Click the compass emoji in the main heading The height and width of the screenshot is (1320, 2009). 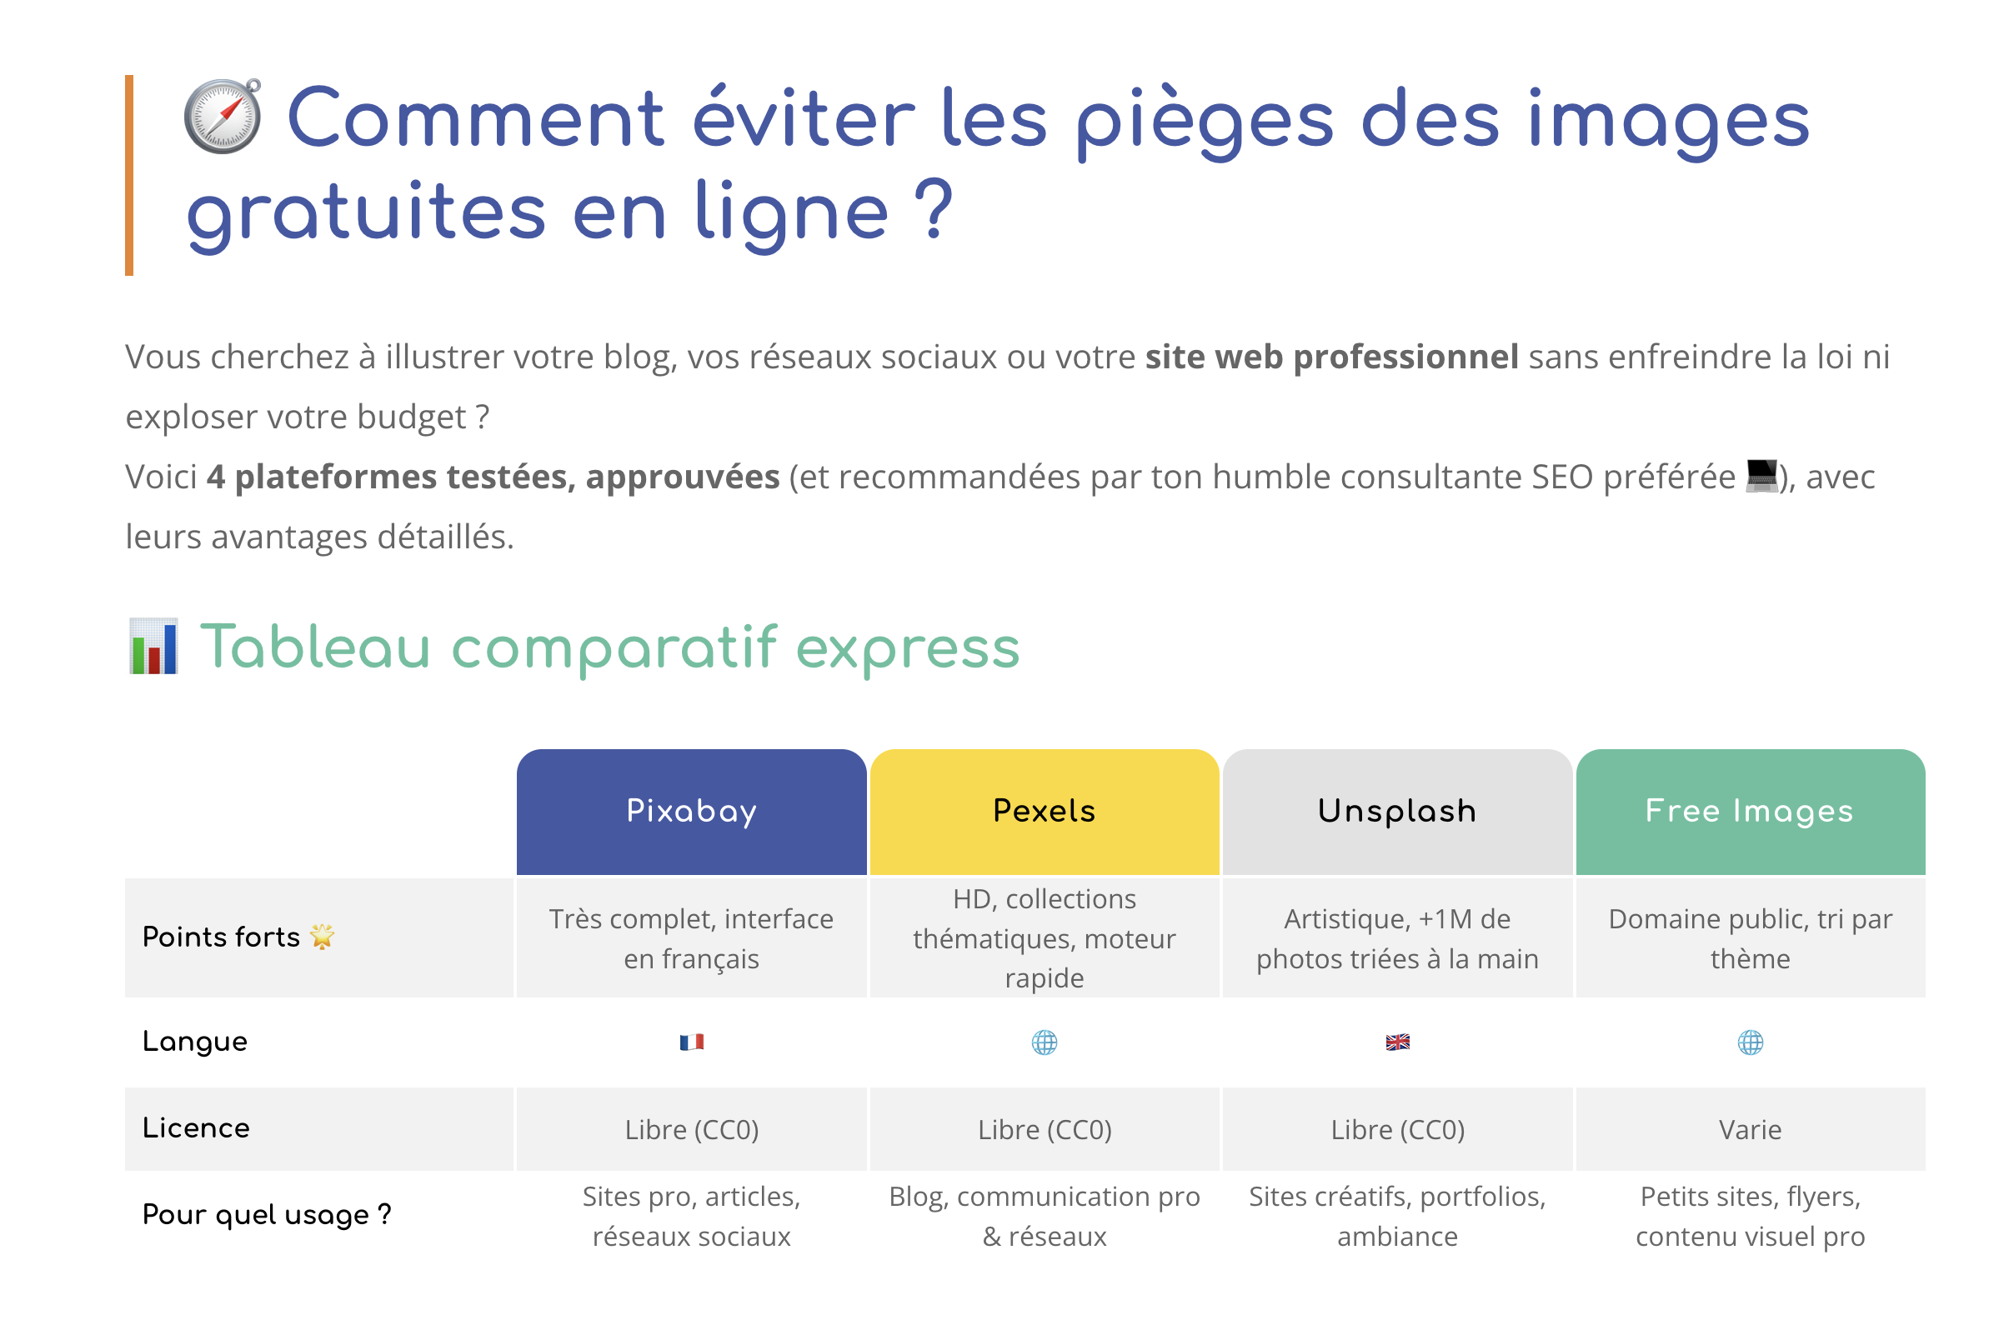coord(223,117)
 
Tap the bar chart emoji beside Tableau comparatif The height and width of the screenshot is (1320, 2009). coord(153,647)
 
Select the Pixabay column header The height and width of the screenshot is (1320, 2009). coord(691,811)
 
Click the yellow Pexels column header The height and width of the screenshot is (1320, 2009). coord(1045,811)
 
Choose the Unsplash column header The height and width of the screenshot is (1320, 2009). coord(1397,811)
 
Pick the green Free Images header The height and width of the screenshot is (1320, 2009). coord(1750,811)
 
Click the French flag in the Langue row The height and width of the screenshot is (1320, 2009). coord(691,1042)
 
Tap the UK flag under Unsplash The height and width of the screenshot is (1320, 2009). coord(1397,1042)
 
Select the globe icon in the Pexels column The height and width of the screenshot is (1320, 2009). coord(1045,1042)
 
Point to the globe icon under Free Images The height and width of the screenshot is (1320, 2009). coord(1750,1042)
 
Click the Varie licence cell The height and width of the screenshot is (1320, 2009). coord(1750,1129)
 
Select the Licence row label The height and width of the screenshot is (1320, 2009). coord(196,1128)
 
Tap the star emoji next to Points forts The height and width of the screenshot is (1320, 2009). coord(322,936)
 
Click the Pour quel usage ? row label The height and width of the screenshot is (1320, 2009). coord(267,1214)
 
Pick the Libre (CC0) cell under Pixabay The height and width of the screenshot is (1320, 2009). coord(691,1129)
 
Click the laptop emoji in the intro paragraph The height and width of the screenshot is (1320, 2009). coord(1761,476)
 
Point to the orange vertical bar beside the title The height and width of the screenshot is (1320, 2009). coord(129,176)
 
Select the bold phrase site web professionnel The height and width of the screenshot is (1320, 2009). coord(1331,357)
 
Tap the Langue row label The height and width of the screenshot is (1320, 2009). coord(195,1042)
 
